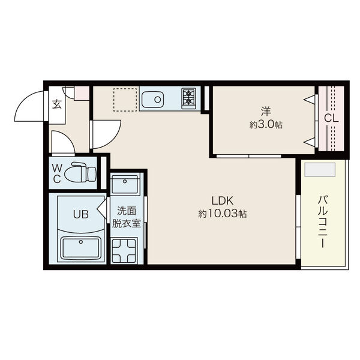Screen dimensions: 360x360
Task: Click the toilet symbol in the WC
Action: pos(80,172)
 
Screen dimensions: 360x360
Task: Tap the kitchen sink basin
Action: pos(152,100)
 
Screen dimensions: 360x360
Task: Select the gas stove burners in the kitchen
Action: pos(189,98)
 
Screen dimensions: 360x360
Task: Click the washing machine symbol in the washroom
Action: pos(124,250)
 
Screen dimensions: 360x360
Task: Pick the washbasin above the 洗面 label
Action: pos(125,184)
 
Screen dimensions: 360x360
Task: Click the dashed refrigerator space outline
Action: pos(125,100)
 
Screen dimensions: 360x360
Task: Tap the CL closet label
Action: pos(331,119)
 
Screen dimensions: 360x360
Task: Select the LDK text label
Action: pos(223,201)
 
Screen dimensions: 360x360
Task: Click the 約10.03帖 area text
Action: pos(223,214)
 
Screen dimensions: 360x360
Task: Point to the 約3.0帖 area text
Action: pos(266,125)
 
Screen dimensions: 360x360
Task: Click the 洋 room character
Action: pos(266,112)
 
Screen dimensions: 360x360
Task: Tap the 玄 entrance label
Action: pos(57,104)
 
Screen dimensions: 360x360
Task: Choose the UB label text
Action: pos(81,214)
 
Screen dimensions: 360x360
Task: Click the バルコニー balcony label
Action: pos(323,222)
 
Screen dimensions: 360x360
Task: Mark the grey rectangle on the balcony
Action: pos(320,170)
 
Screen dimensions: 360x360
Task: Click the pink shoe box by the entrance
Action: pos(82,93)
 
